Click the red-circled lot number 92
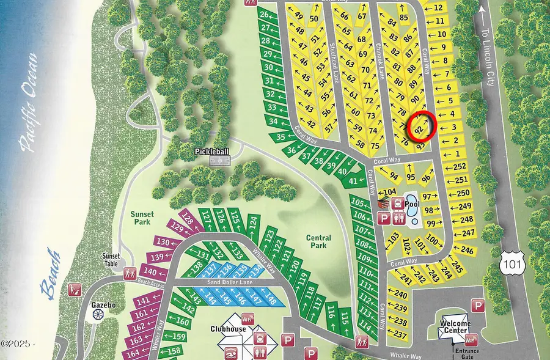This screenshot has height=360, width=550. point(419,130)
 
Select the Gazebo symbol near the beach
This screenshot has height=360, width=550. point(98,314)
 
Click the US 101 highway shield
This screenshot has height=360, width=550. point(510,264)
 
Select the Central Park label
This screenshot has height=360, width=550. point(318,241)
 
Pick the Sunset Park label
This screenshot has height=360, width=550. point(144,218)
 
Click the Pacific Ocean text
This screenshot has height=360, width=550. point(29,101)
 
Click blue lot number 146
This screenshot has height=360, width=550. point(238,299)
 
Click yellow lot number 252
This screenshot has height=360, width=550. point(460,167)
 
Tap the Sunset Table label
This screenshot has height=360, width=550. point(113,259)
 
